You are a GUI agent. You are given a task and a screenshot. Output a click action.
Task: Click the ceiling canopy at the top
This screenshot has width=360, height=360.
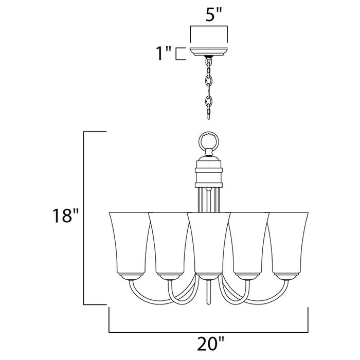pos(208,51)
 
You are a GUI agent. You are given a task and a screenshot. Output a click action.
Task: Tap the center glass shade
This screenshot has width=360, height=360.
pos(208,242)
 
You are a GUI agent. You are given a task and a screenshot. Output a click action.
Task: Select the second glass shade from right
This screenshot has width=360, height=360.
pos(248,242)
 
